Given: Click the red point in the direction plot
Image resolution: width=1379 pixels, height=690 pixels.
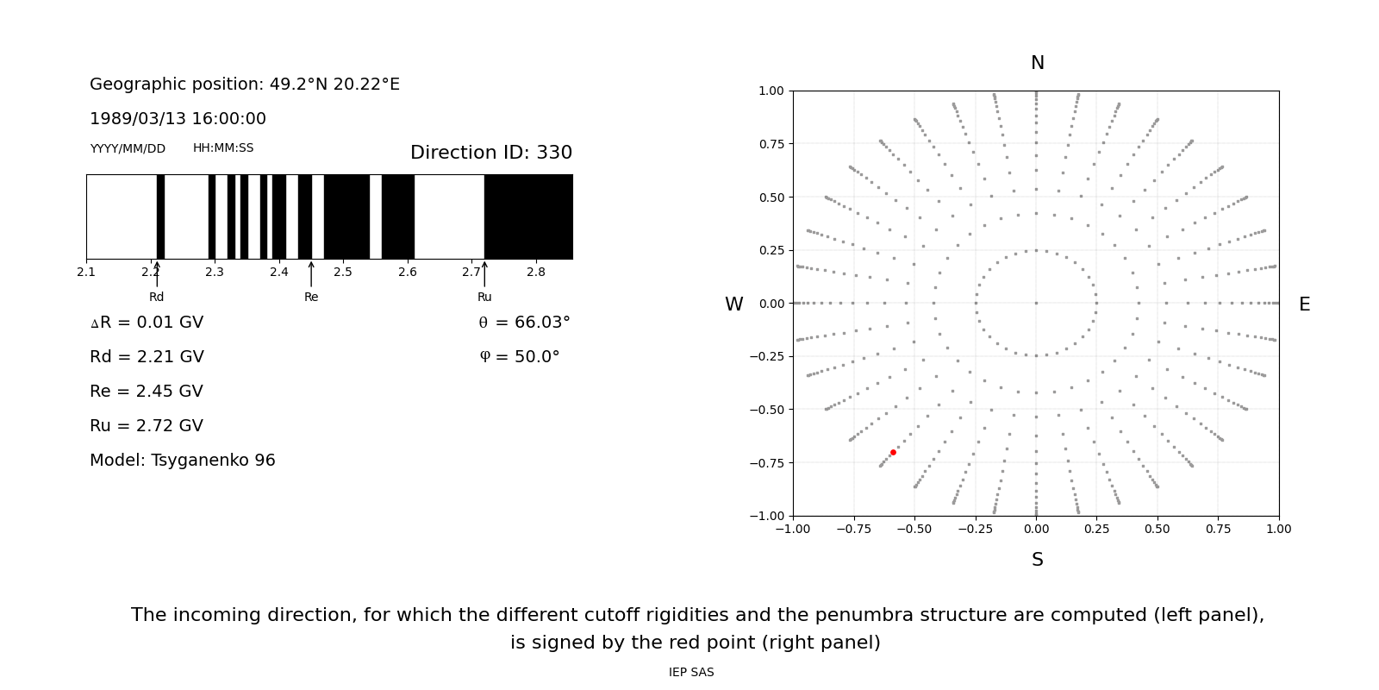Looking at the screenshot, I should click(893, 452).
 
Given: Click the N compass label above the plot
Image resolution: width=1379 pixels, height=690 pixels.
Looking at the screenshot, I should click(1037, 63).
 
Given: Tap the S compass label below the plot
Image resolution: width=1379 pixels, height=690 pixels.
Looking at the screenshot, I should click(1037, 560).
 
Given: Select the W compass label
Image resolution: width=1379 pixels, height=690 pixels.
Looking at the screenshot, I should click(733, 304).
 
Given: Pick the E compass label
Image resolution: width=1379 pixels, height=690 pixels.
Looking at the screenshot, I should click(1304, 304).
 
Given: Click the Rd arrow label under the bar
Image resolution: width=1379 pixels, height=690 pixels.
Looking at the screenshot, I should click(156, 297).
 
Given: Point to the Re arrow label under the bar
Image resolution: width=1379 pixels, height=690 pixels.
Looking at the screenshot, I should click(311, 297).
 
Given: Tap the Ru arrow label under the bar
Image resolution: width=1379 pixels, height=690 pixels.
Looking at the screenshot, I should click(484, 297).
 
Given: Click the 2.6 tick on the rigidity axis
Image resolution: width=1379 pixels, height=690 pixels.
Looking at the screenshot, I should click(407, 273).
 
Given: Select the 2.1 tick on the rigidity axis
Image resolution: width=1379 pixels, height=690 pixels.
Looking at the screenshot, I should click(86, 273).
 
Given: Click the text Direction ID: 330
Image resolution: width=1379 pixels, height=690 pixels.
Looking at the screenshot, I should click(490, 153).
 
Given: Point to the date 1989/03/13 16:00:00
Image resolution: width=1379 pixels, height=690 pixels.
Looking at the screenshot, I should click(178, 119).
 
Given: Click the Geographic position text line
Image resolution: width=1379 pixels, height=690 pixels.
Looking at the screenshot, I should click(245, 85).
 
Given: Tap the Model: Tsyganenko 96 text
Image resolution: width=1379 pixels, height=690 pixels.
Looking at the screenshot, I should click(183, 461).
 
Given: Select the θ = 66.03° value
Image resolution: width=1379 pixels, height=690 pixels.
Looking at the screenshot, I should click(524, 323).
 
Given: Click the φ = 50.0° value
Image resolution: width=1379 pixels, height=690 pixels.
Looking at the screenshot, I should click(519, 357).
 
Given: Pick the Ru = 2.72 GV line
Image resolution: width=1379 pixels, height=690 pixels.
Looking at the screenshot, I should click(147, 426).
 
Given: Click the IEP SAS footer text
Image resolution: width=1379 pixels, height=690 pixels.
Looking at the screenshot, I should click(690, 672).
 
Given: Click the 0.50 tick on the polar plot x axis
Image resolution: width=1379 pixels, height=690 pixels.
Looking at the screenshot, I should click(1157, 529).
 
